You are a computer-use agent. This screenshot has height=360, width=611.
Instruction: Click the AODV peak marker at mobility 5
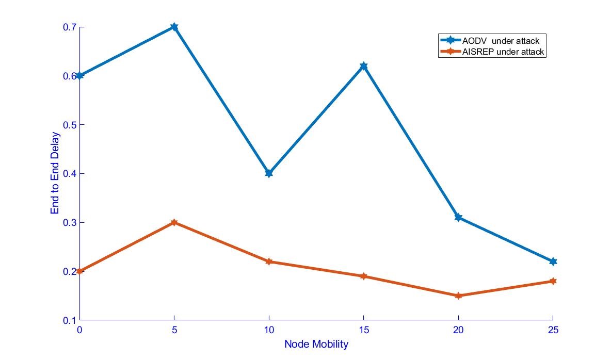click(x=174, y=27)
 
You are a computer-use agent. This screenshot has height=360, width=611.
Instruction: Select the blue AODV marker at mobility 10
click(x=269, y=173)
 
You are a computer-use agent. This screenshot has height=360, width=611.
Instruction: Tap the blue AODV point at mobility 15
click(x=363, y=66)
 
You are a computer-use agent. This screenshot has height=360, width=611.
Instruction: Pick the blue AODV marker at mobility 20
click(x=458, y=217)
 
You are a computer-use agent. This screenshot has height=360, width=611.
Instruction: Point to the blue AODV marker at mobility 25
click(x=553, y=261)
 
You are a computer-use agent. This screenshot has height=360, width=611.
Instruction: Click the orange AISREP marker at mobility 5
click(x=174, y=222)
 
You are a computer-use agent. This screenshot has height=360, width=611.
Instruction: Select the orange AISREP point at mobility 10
click(x=269, y=261)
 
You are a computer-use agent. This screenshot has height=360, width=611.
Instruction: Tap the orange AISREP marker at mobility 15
click(x=363, y=276)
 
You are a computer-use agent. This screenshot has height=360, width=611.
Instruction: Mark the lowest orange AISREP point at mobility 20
click(x=458, y=296)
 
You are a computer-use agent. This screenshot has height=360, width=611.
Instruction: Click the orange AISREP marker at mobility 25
click(x=553, y=281)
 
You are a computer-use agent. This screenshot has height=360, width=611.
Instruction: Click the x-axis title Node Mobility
click(x=316, y=344)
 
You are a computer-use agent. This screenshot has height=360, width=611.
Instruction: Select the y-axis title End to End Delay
click(x=55, y=173)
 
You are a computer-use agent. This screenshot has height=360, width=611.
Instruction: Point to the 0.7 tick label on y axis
click(x=68, y=27)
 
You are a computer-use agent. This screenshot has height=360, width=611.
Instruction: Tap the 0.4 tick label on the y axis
click(x=68, y=173)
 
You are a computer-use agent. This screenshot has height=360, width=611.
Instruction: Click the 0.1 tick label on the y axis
click(x=68, y=320)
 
